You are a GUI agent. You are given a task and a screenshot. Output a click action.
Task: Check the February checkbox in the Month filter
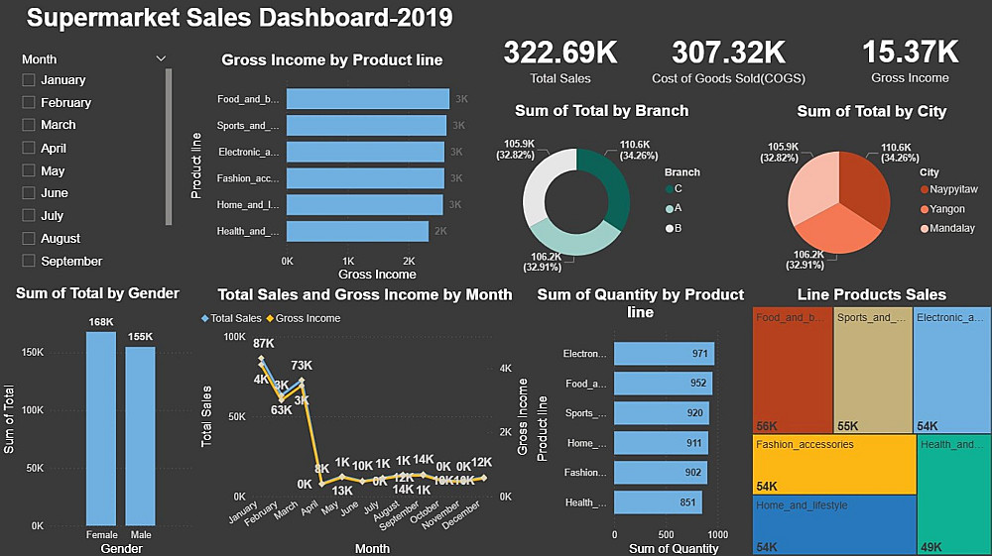coord(29,102)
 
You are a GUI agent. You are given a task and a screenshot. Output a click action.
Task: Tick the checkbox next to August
coord(29,238)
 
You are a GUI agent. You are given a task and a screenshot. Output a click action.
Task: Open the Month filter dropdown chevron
coord(161,58)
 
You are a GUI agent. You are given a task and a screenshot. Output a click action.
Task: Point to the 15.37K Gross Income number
coord(910,53)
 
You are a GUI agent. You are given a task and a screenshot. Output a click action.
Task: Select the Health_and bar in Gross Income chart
coord(357,231)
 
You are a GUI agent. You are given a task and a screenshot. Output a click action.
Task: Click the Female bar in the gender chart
coord(101,428)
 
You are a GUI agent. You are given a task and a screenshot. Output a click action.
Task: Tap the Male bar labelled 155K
coord(140,436)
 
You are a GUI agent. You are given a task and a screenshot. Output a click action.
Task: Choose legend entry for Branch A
coord(672,208)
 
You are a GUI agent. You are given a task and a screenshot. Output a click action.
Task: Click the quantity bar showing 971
coord(664,354)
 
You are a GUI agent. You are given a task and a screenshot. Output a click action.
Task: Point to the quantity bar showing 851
coord(658,502)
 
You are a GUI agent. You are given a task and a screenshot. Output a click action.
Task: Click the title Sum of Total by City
coord(871,111)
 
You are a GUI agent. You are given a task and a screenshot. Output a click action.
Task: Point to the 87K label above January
coord(263,343)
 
